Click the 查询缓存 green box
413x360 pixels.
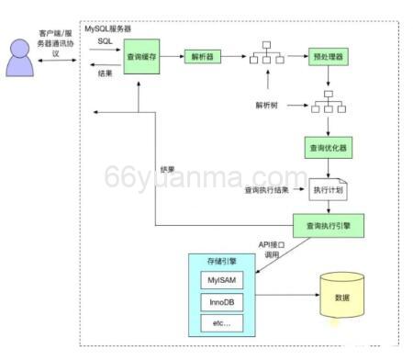pyautogui.click(x=141, y=57)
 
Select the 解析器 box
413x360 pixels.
pyautogui.click(x=202, y=57)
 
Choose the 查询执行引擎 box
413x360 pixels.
pyautogui.click(x=327, y=224)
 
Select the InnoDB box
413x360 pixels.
pyautogui.click(x=222, y=302)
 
